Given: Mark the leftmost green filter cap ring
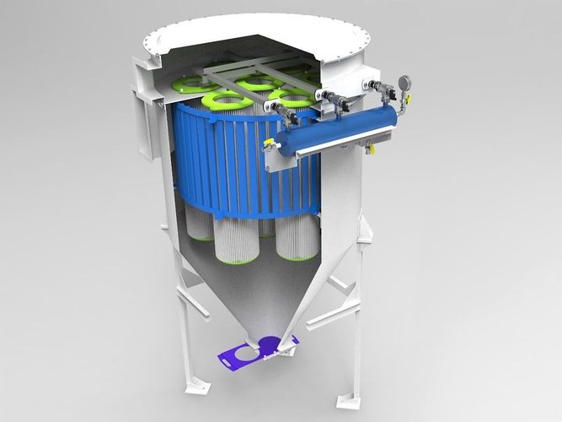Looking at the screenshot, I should pos(193,84).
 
